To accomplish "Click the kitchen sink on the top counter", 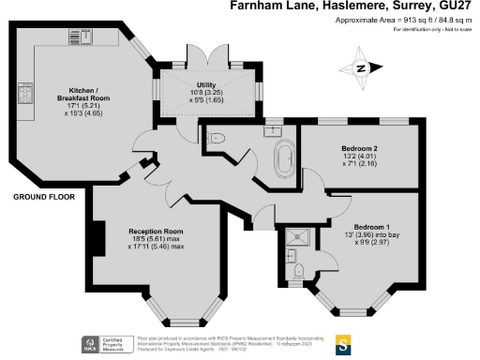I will pyautogui.click(x=79, y=37).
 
